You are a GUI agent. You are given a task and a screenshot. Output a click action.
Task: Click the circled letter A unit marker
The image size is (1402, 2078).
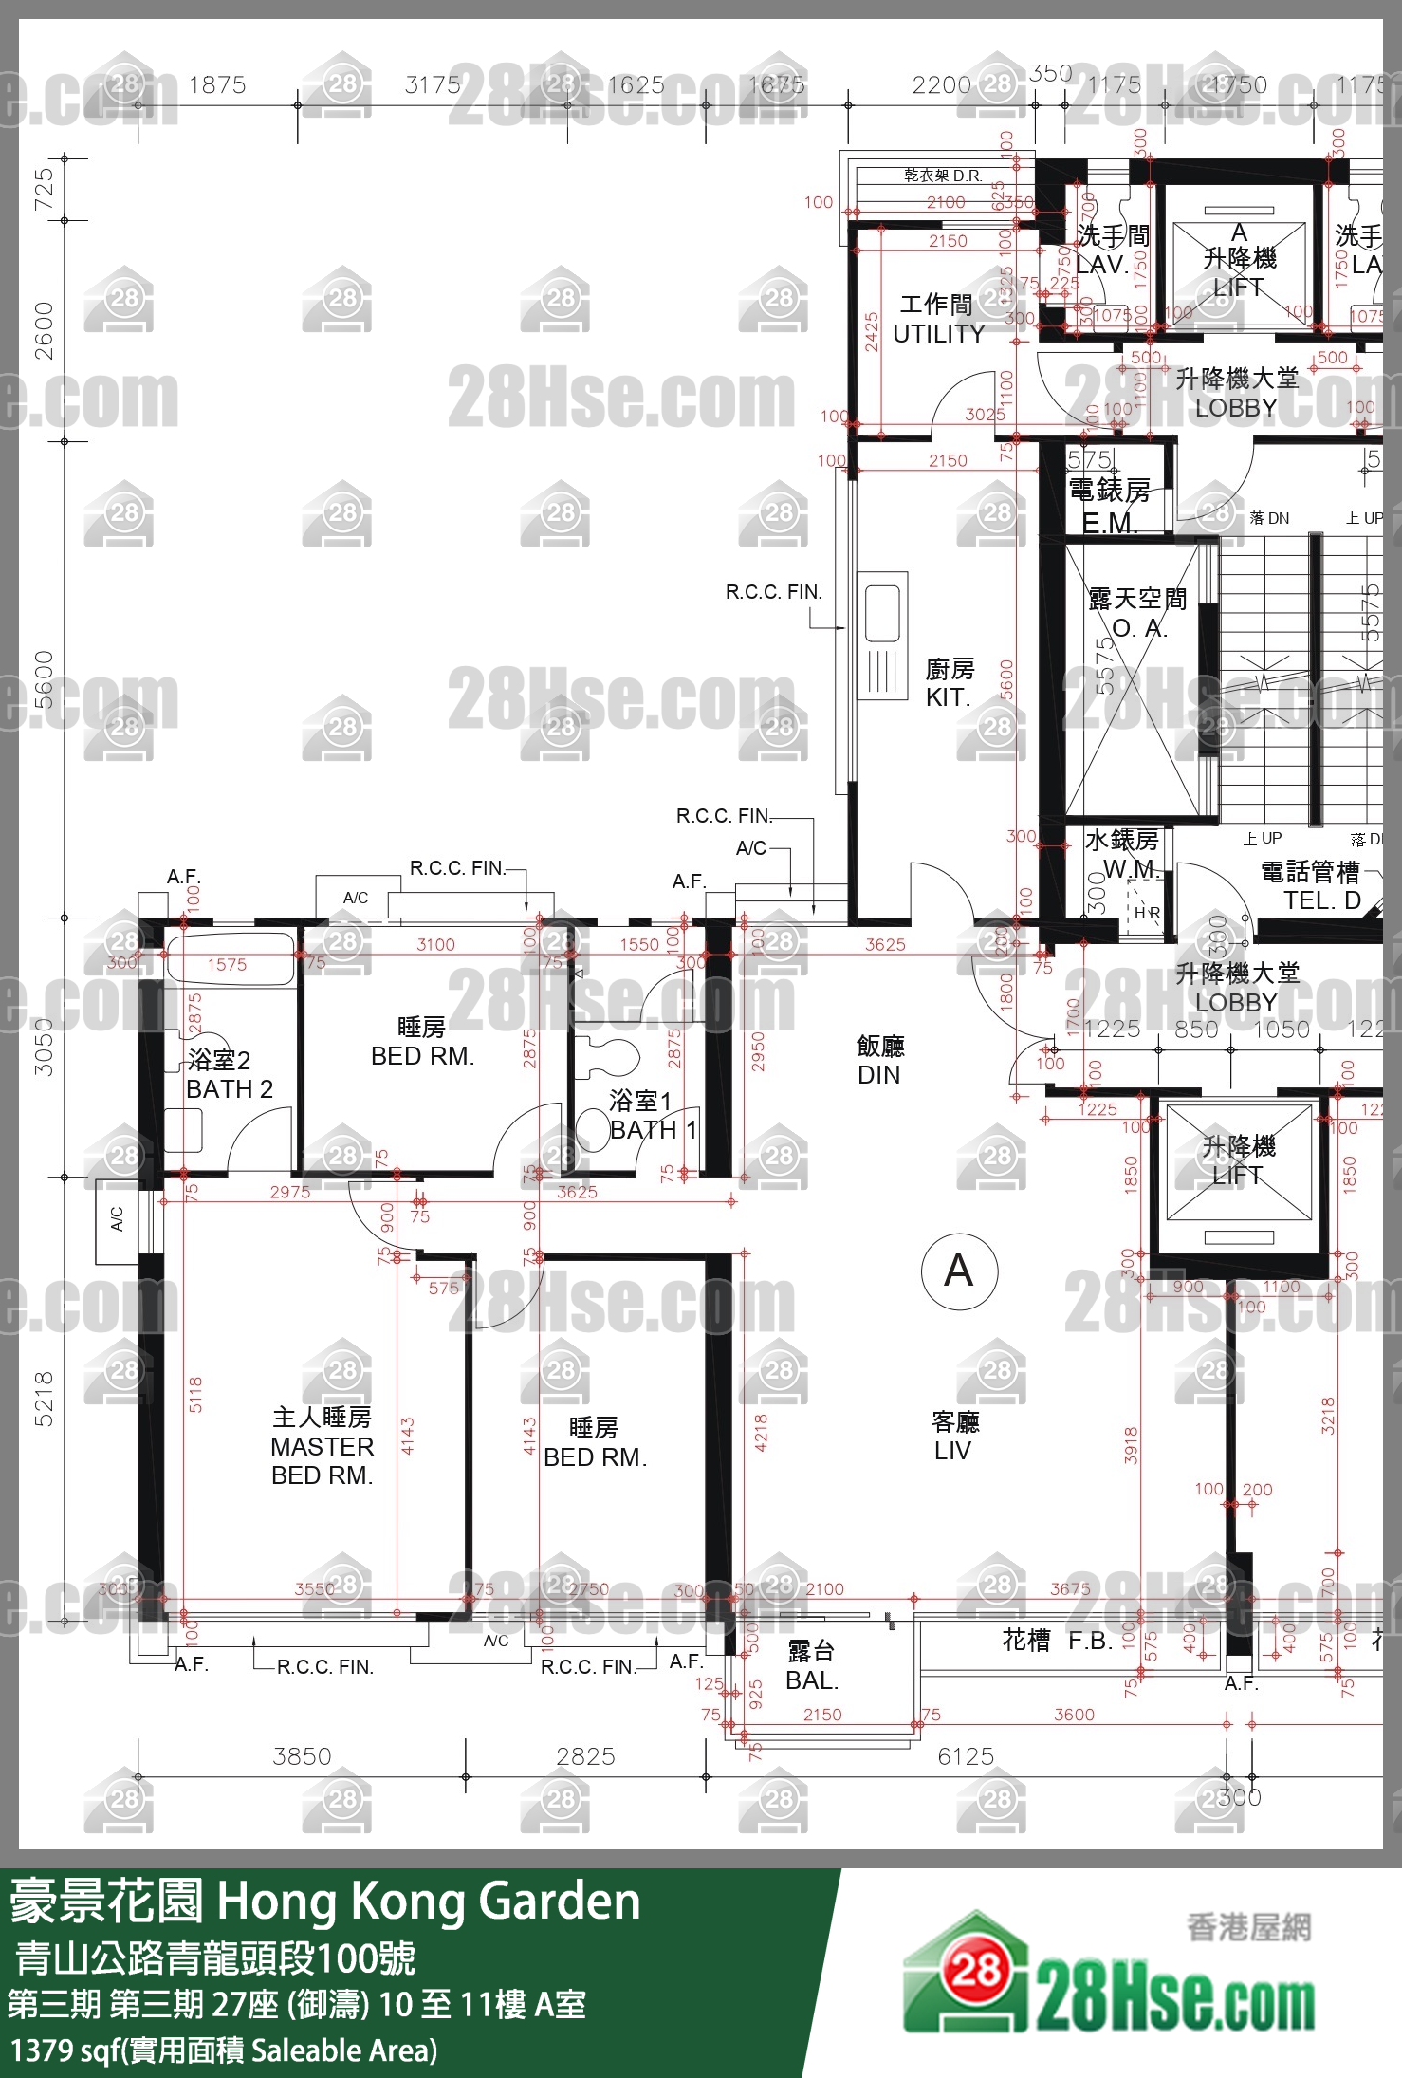click(959, 1271)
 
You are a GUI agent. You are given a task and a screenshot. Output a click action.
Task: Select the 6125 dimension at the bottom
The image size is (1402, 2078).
click(966, 1756)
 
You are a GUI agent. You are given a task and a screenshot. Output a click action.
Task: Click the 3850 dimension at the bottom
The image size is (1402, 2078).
click(302, 1756)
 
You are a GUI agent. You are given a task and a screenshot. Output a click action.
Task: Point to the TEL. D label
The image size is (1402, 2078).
click(1321, 901)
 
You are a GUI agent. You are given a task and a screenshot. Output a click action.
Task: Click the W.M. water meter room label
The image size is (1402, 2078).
click(1130, 868)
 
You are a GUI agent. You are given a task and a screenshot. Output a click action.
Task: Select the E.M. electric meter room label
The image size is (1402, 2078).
click(1109, 523)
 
